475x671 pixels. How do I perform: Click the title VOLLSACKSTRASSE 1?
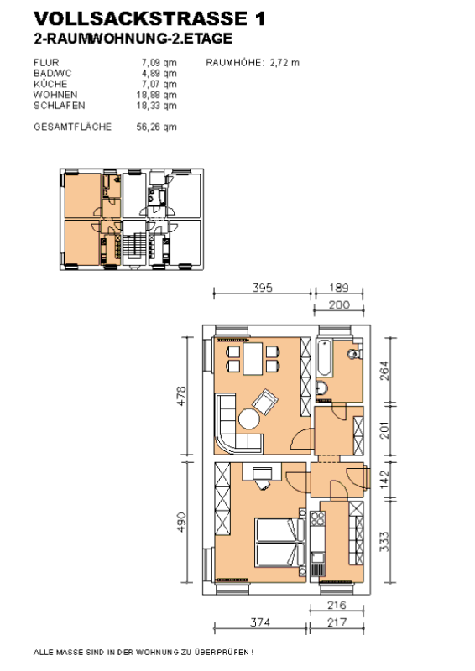(x=149, y=18)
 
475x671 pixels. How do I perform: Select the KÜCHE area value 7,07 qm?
(x=159, y=84)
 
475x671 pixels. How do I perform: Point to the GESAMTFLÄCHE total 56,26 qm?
(x=156, y=127)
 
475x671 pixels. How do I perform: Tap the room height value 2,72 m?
(x=284, y=62)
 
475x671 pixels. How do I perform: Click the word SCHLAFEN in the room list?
(x=59, y=106)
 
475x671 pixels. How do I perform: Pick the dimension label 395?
(x=262, y=288)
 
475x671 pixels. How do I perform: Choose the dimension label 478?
(x=181, y=396)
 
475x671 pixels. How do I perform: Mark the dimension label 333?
(x=384, y=541)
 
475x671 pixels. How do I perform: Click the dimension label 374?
(x=260, y=622)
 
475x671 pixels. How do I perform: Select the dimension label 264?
(x=384, y=371)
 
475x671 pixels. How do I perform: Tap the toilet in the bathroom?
(x=355, y=354)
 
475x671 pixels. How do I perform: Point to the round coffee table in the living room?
(x=249, y=419)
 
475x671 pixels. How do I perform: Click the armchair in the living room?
(x=265, y=402)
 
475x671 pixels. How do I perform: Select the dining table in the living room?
(x=253, y=359)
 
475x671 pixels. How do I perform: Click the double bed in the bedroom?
(x=280, y=543)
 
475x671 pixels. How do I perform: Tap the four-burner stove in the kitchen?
(x=317, y=518)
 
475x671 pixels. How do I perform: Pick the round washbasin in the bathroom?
(x=321, y=388)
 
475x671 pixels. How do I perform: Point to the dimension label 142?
(x=384, y=480)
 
